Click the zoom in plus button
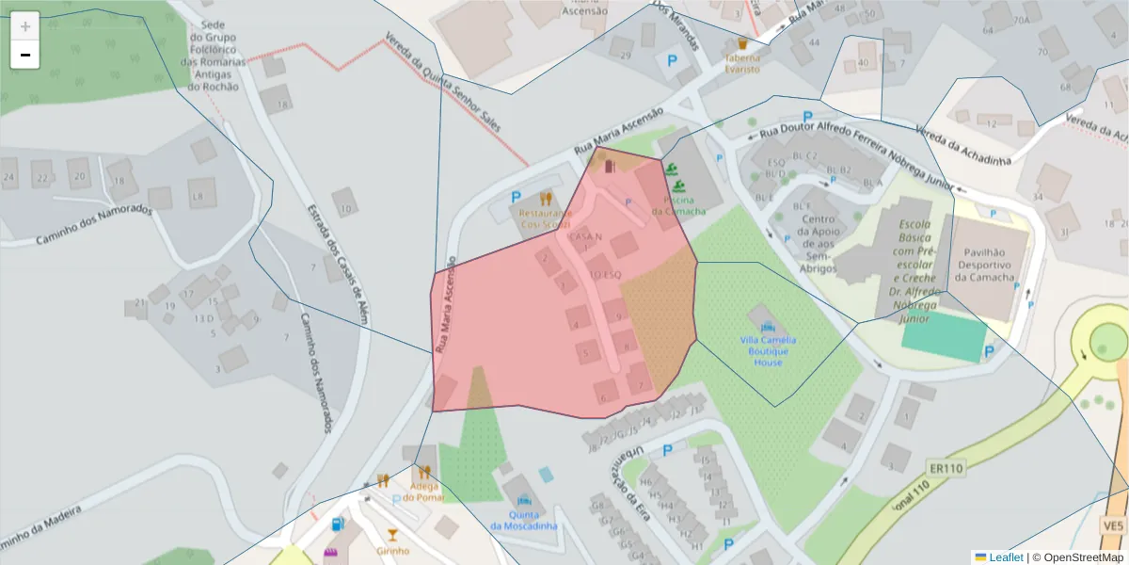pos(25,26)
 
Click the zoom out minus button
pos(25,55)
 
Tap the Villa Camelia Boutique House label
pos(768,350)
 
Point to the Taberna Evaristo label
pos(741,63)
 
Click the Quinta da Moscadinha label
pos(523,520)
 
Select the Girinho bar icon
pos(392,535)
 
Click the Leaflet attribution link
pos(1005,557)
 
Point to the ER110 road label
pos(946,468)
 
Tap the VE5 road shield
pos(1114,525)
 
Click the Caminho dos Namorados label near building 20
pos(94,225)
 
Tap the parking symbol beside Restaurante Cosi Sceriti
pos(515,198)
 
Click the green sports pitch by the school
pos(944,336)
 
